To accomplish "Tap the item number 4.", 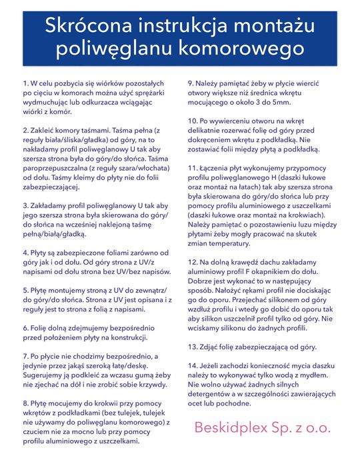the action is click(25, 253).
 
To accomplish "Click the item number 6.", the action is click(25, 328).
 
